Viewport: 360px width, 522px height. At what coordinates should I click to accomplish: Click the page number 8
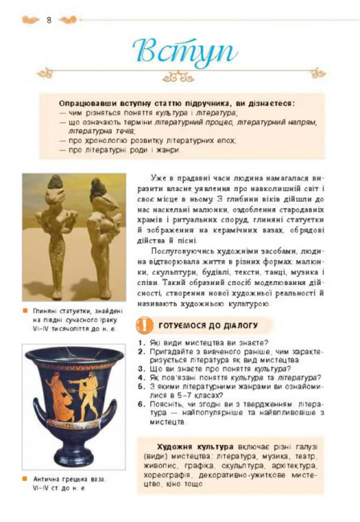[x=49, y=19]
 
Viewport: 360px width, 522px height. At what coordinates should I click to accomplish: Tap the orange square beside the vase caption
[x=26, y=479]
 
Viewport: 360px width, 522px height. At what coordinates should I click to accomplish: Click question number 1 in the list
[x=141, y=342]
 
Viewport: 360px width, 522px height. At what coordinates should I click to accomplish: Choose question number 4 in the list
[x=141, y=377]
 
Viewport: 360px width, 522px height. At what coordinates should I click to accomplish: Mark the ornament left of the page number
[x=31, y=19]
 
